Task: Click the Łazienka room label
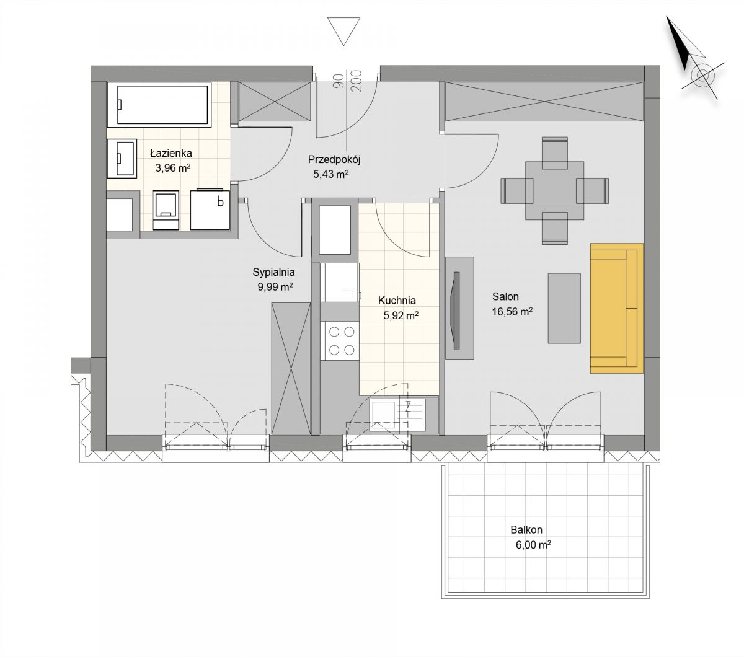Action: click(x=170, y=152)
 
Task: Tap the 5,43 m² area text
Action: click(x=330, y=174)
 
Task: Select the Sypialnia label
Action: click(x=273, y=272)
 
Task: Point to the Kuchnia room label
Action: click(x=397, y=300)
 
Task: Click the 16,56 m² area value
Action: click(x=512, y=312)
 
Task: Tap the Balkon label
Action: click(x=526, y=530)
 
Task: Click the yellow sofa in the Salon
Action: click(x=616, y=308)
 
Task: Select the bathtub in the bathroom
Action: click(x=159, y=104)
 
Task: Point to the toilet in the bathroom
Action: click(x=166, y=210)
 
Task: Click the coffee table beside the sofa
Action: click(x=564, y=308)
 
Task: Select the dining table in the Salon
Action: click(x=554, y=191)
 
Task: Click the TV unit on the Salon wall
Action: click(x=459, y=308)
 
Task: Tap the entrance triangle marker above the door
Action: click(x=343, y=32)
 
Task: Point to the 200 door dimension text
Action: click(x=356, y=81)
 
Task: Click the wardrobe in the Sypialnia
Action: click(x=291, y=368)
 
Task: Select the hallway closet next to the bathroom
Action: click(x=274, y=102)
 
